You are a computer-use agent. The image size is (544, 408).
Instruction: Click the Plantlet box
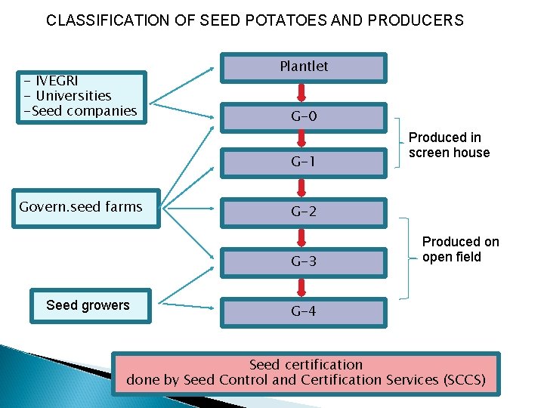coord(304,68)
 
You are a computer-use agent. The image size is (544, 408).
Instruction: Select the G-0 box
coord(304,118)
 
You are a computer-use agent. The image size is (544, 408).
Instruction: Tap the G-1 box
coord(304,163)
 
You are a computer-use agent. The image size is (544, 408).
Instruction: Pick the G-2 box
coord(304,213)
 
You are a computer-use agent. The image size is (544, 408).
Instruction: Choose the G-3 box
coord(304,263)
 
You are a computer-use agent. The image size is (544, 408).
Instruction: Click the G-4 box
coord(304,313)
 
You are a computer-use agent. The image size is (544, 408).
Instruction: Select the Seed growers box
coord(91,306)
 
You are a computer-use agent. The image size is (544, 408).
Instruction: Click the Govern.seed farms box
coord(86,209)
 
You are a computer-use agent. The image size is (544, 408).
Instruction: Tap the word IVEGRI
coord(57,81)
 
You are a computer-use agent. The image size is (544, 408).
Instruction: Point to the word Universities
coord(73,96)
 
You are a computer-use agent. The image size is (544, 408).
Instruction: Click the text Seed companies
coord(85,111)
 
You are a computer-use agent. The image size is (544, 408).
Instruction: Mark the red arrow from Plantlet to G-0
coord(301,93)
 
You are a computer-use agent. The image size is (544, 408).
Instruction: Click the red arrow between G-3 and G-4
coord(301,288)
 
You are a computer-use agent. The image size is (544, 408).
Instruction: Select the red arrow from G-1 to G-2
coord(301,188)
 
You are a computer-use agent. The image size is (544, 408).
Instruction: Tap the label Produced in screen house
coord(450,145)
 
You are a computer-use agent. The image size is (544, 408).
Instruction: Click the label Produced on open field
coord(461,249)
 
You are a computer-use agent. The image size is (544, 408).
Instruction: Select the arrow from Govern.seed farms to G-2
coord(188,209)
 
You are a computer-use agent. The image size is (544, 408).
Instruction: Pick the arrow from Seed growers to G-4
coord(187,306)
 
